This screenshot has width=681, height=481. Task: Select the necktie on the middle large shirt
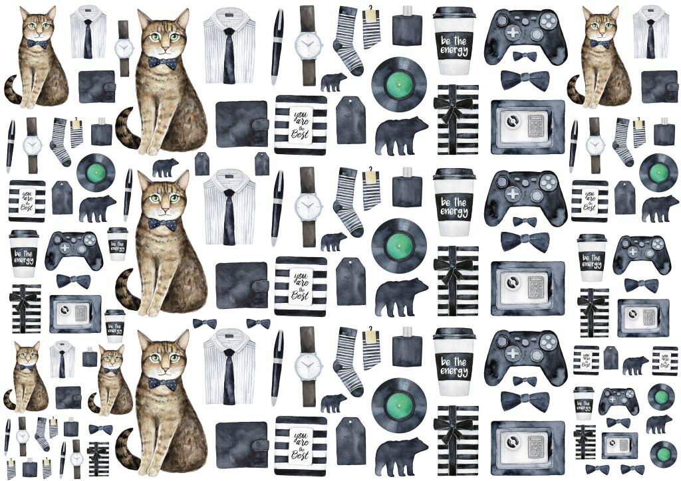(x=229, y=216)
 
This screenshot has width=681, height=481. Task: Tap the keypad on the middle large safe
(x=536, y=286)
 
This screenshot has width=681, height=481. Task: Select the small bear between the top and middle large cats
(x=164, y=167)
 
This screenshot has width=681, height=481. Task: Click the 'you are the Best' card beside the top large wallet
(x=301, y=125)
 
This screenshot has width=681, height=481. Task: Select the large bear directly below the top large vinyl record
(x=400, y=135)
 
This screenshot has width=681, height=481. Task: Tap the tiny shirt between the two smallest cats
(x=62, y=360)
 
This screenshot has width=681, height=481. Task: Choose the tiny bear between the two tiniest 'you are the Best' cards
(x=635, y=364)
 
